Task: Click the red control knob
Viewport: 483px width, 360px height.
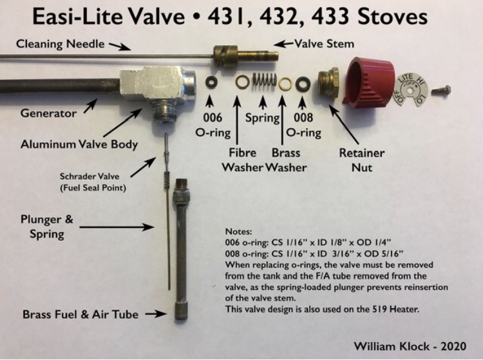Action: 368,82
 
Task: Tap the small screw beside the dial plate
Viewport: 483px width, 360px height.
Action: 441,91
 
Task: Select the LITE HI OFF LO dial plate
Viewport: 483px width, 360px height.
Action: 411,91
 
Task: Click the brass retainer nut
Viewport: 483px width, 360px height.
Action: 328,83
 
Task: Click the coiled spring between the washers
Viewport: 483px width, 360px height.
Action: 264,82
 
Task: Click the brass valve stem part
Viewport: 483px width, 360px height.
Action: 245,56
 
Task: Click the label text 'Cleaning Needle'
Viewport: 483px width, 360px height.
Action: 61,44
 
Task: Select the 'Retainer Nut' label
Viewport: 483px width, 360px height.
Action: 362,160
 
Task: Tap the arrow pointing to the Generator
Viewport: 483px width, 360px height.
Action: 90,106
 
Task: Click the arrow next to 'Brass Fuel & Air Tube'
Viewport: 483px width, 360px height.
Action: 156,314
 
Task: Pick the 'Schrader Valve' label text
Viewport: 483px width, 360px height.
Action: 90,176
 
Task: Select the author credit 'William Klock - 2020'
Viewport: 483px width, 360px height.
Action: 410,346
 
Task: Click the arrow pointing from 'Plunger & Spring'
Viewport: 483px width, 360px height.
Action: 117,227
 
